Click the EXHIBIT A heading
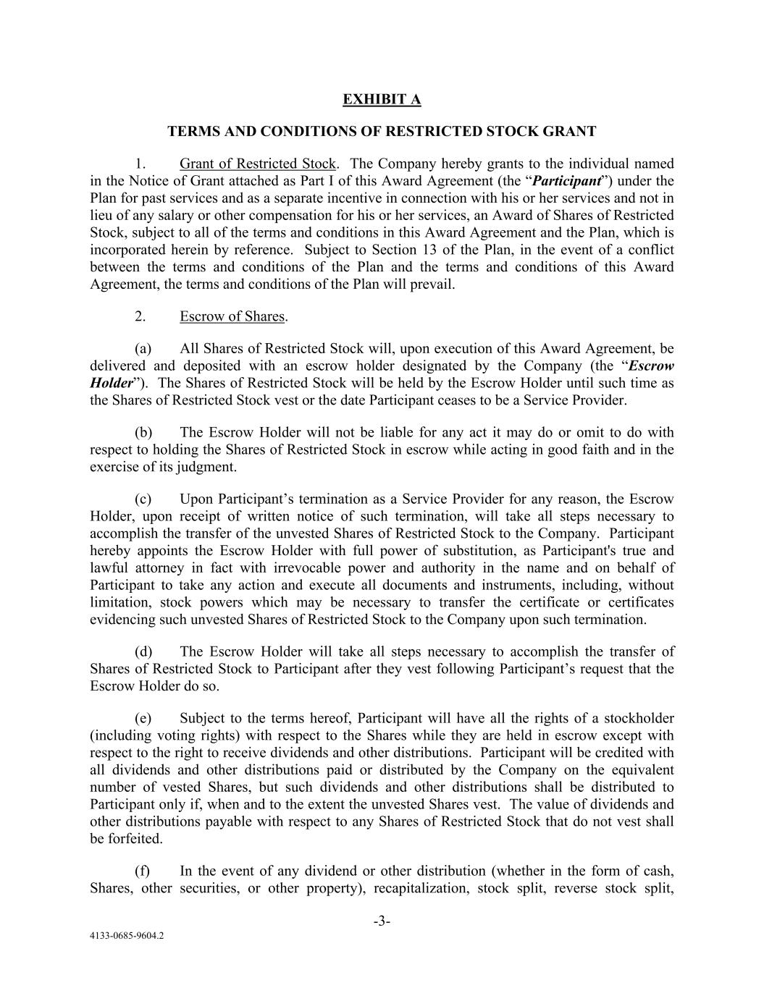coord(382,99)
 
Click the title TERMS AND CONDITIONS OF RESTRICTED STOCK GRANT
coord(382,131)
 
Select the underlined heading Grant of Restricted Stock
coord(258,164)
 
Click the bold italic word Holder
coord(112,383)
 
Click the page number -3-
coord(382,921)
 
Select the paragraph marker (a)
coord(143,349)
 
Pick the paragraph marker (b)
coord(143,432)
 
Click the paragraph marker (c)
coord(143,499)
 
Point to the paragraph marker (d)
coord(143,651)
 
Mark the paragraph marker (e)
coord(143,718)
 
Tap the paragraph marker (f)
coord(142,871)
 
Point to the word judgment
coord(210,467)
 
